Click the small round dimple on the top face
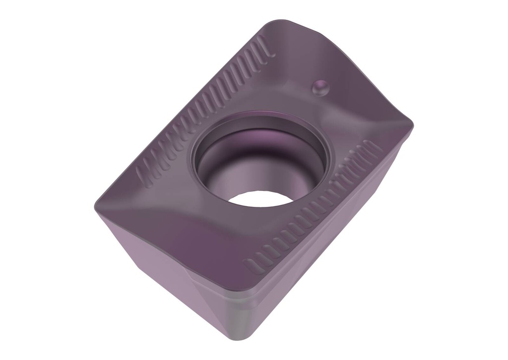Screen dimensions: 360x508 pos(321,87)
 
